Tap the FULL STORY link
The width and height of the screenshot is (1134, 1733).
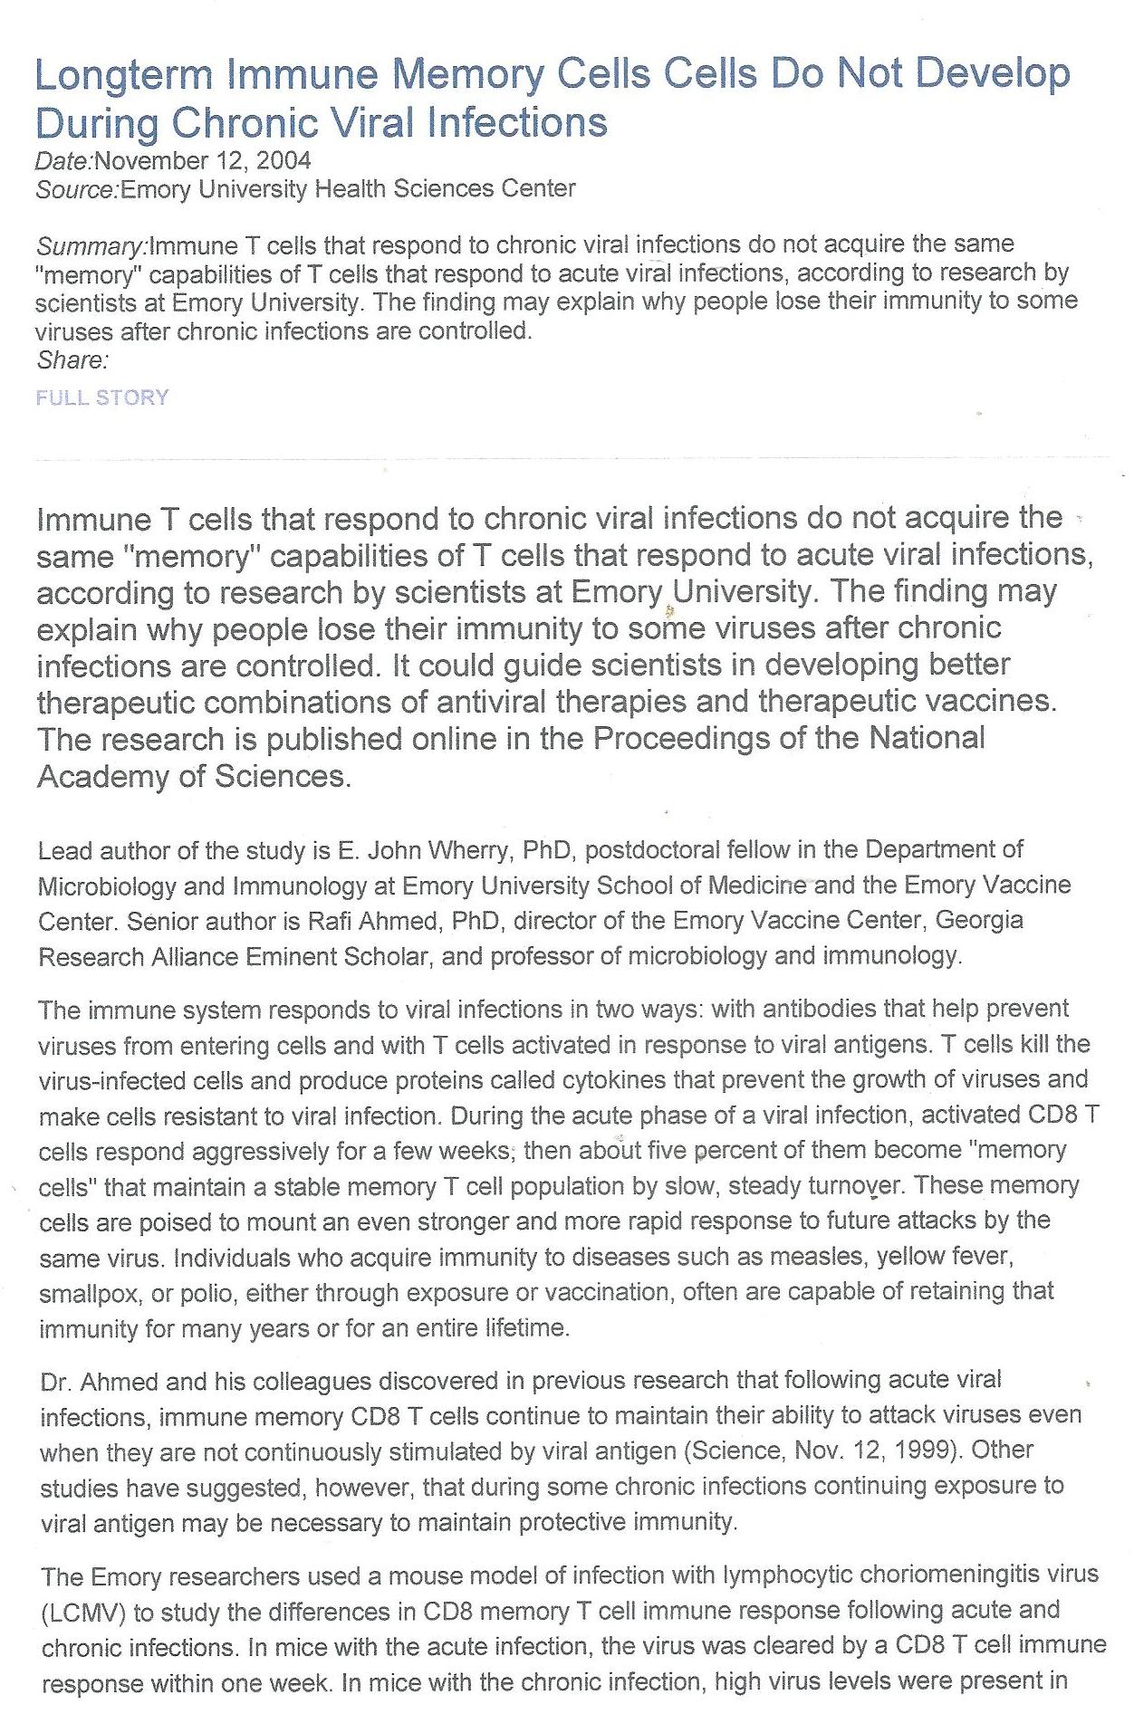pos(102,398)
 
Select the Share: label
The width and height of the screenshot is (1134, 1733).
pos(72,360)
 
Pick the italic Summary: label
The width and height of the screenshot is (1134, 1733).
pos(91,246)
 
